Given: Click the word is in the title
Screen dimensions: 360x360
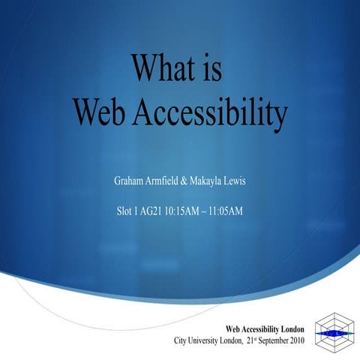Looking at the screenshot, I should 211,69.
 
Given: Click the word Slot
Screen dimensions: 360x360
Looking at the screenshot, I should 125,211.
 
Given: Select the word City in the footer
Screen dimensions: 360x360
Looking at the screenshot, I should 181,340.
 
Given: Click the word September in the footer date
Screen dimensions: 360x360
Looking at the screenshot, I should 282,340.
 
